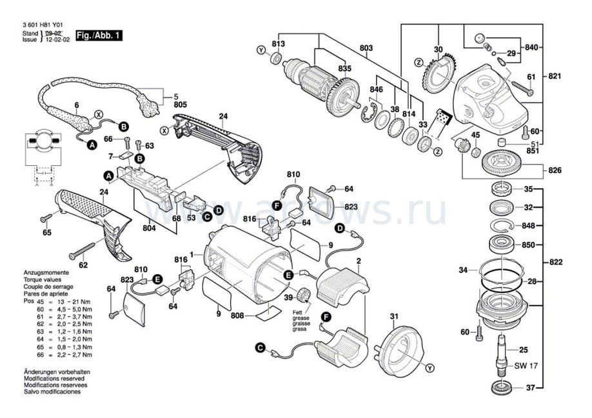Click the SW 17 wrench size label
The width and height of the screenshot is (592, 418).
(x=528, y=366)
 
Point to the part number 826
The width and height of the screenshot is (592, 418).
(x=555, y=170)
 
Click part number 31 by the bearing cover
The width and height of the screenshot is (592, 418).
(x=395, y=315)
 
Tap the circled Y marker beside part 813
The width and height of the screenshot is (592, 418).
(x=261, y=50)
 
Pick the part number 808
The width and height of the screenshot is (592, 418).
(x=237, y=316)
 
